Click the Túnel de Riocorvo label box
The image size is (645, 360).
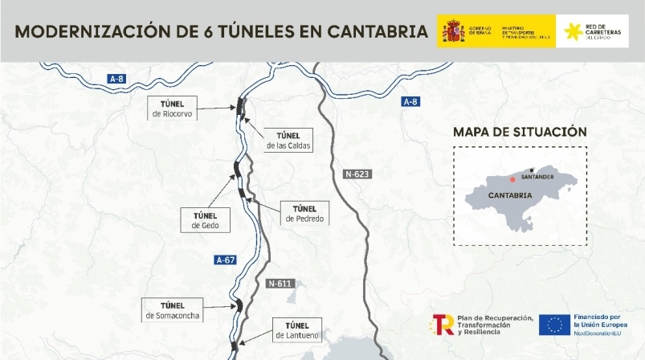pyautogui.click(x=173, y=108)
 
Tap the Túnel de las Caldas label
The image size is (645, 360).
pyautogui.click(x=288, y=141)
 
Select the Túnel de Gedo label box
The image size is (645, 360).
pyautogui.click(x=206, y=220)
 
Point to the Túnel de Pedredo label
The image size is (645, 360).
pyautogui.click(x=304, y=213)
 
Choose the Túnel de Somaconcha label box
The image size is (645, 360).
pyautogui.click(x=173, y=310)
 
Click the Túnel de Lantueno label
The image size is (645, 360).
pyautogui.click(x=297, y=329)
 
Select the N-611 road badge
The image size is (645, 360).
pyautogui.click(x=280, y=283)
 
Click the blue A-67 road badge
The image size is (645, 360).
pyautogui.click(x=226, y=260)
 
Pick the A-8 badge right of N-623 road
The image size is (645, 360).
pyautogui.click(x=410, y=102)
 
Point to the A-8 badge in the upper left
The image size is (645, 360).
pyautogui.click(x=117, y=78)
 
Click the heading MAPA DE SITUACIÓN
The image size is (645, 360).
pyautogui.click(x=520, y=132)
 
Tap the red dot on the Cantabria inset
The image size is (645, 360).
pyautogui.click(x=512, y=180)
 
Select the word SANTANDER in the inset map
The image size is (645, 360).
pyautogui.click(x=537, y=176)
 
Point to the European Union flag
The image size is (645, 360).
pyautogui.click(x=554, y=325)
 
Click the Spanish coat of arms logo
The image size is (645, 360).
pyautogui.click(x=453, y=32)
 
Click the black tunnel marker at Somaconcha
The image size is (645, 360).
pyautogui.click(x=238, y=305)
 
